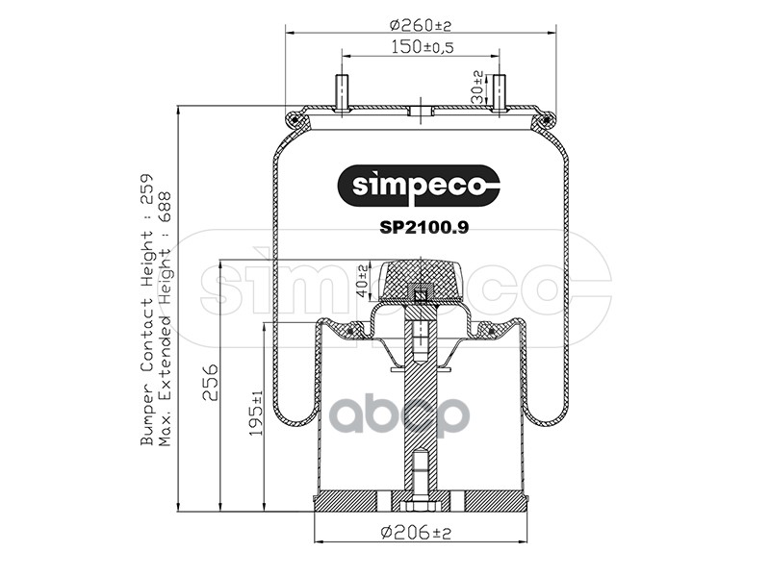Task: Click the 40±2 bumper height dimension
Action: tap(363, 279)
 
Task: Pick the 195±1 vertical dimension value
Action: tap(256, 414)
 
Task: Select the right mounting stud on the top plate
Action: tap(499, 93)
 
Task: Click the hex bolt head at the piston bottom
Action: tap(421, 506)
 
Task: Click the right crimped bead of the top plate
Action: tap(547, 119)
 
